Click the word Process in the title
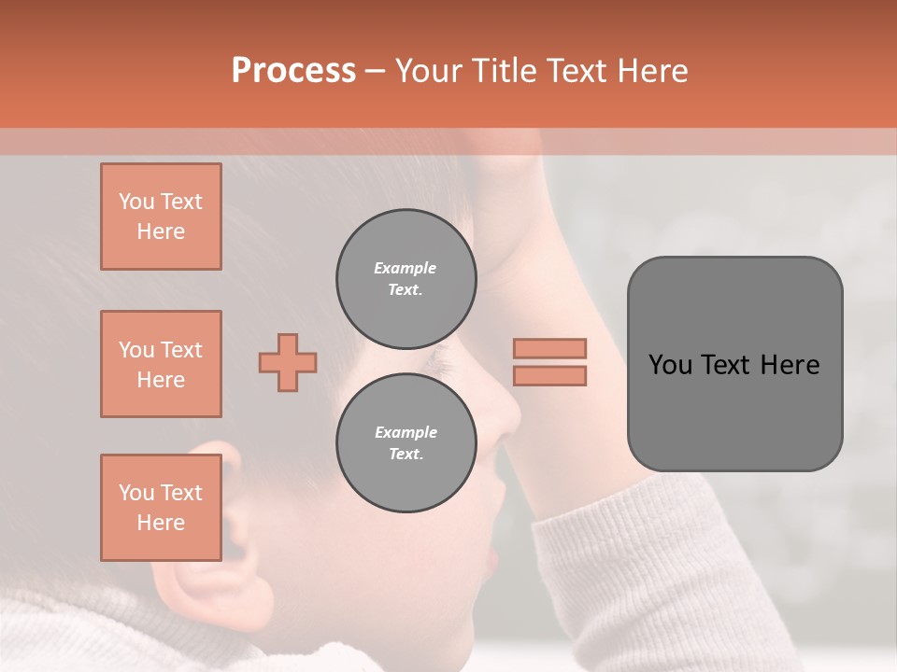click(x=293, y=71)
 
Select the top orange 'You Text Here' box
click(x=161, y=217)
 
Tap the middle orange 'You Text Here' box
click(x=161, y=364)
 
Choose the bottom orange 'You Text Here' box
click(x=161, y=508)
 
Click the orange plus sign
click(x=288, y=362)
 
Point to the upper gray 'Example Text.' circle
click(x=406, y=279)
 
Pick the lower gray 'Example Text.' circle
click(x=406, y=443)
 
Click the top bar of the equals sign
click(x=549, y=348)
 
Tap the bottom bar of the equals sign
click(x=549, y=375)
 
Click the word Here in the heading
click(x=652, y=71)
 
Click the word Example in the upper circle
click(x=406, y=268)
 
